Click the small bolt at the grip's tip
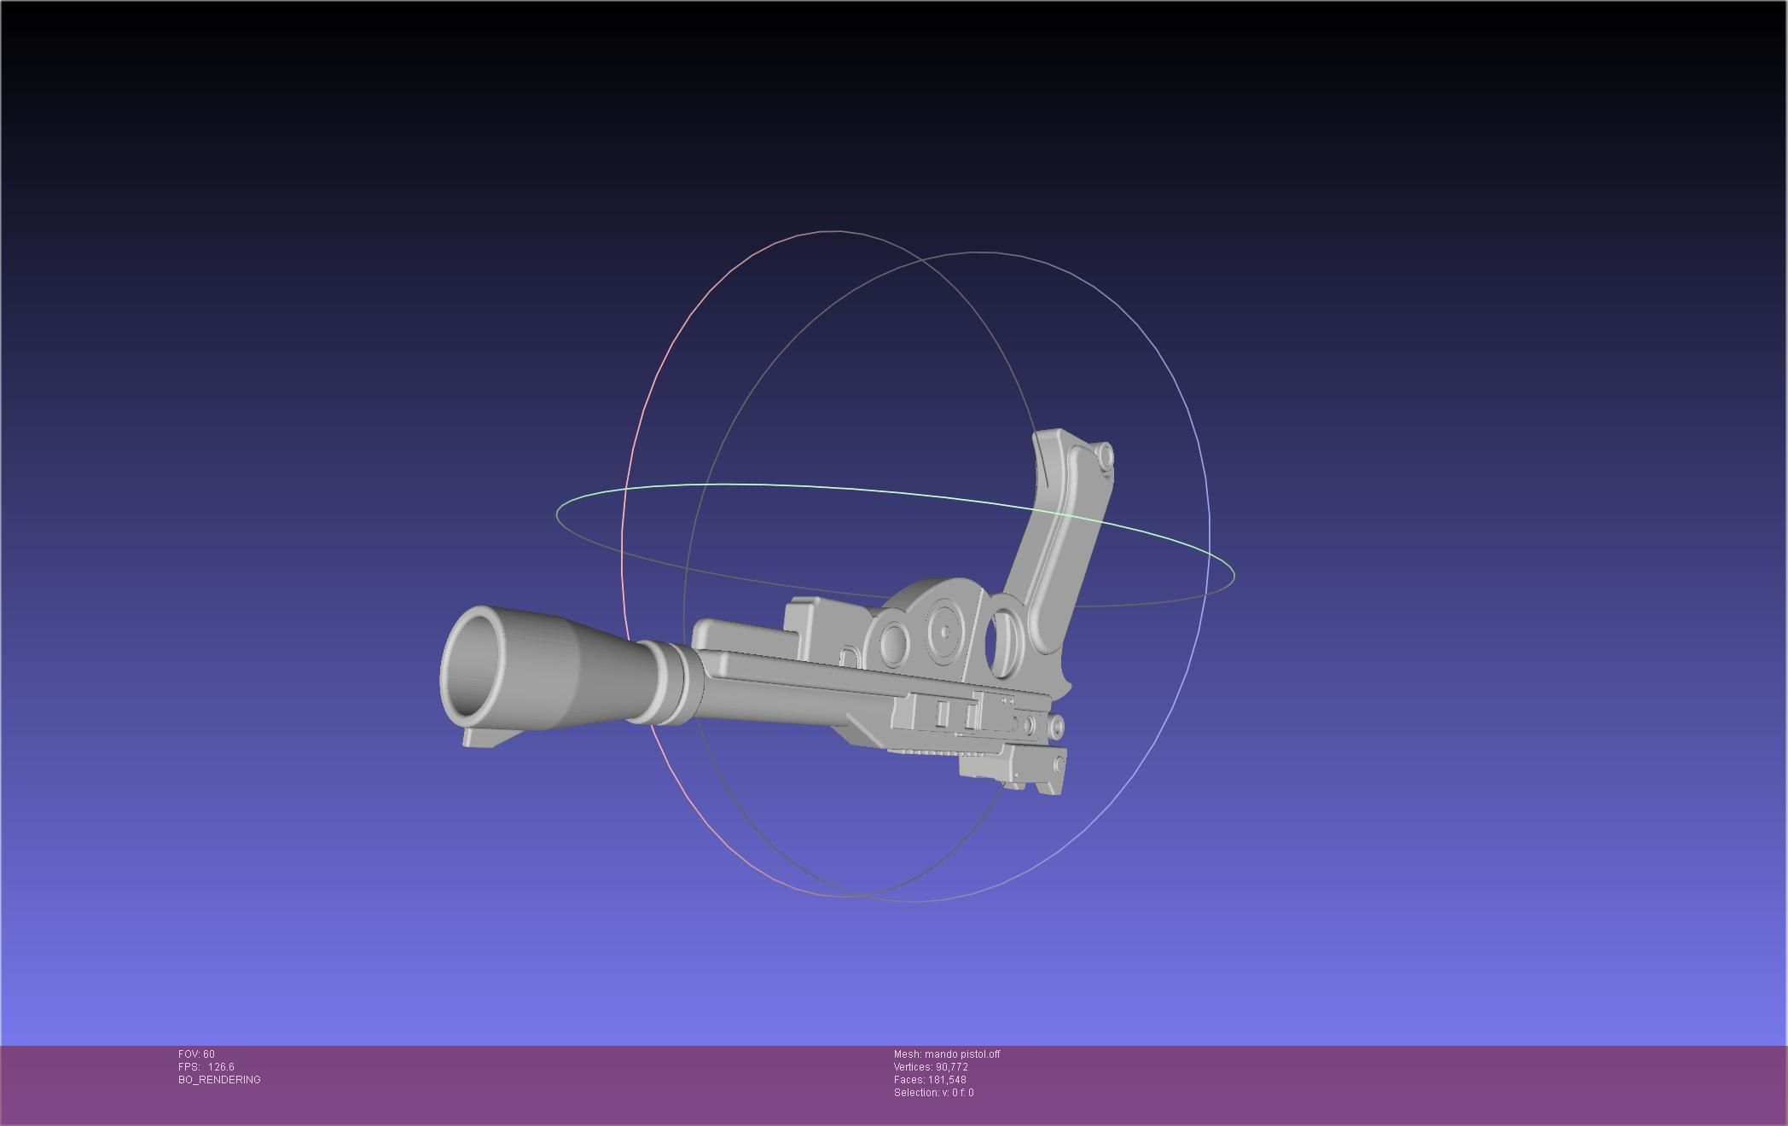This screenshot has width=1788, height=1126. pos(1105,456)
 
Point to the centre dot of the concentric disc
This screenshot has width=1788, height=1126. pos(945,632)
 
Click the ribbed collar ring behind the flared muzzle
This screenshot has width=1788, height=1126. pos(670,682)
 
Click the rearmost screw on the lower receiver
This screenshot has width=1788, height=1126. pos(1057,727)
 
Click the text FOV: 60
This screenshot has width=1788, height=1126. pos(196,1054)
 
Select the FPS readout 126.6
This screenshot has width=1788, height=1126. pos(220,1067)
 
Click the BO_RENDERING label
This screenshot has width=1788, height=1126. pos(219,1080)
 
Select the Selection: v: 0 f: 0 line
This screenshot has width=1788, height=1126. pos(933,1093)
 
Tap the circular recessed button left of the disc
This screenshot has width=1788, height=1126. pos(894,643)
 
